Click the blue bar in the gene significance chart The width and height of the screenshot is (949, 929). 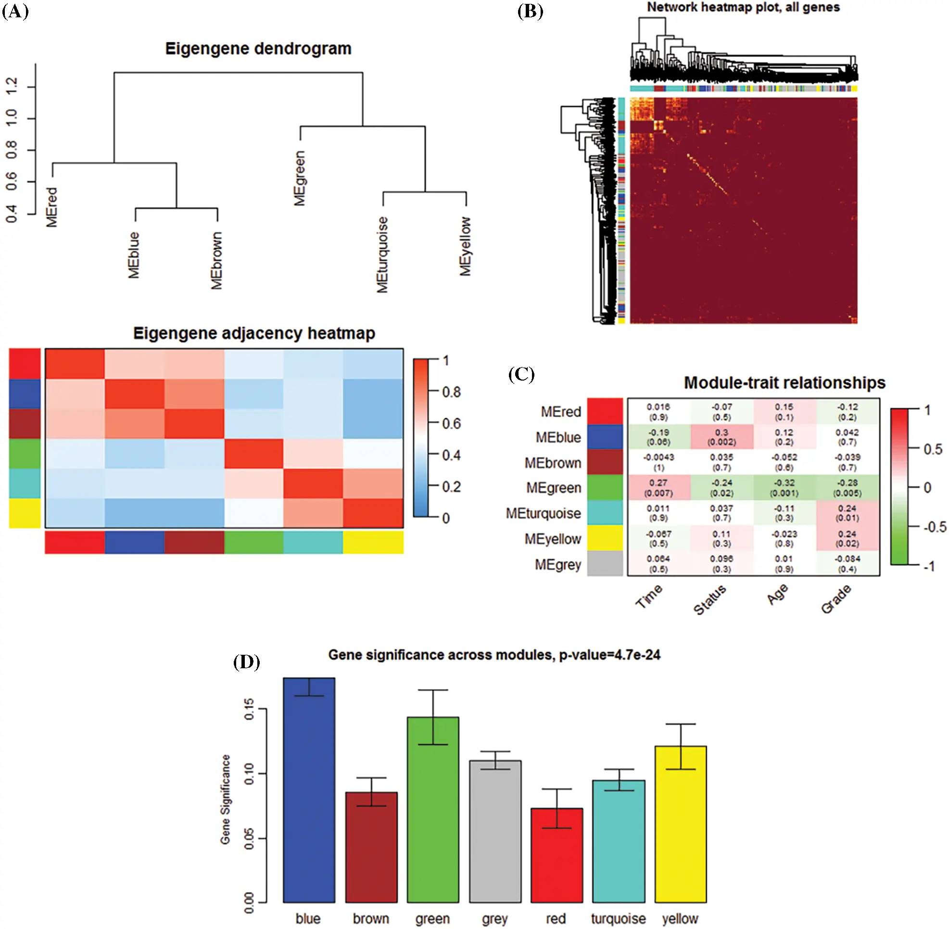pos(308,790)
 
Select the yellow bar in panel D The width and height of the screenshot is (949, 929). pos(680,825)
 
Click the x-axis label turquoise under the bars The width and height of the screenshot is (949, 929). pos(618,919)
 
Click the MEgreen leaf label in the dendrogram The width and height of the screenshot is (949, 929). pos(300,178)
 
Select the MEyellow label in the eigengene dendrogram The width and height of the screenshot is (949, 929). pos(466,246)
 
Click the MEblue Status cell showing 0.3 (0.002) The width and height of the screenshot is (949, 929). pos(721,437)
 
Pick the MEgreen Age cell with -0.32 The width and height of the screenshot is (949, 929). pos(784,487)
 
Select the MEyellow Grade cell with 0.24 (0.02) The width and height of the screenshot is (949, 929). pos(847,538)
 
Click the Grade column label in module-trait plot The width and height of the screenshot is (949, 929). pos(836,598)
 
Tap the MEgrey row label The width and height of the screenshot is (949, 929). pos(557,564)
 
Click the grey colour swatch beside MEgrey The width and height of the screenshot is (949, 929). pos(605,563)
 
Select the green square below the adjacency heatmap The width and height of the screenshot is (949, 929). pos(253,542)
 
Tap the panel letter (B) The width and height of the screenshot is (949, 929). pos(530,11)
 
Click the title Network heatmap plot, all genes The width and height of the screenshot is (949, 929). pos(743,7)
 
